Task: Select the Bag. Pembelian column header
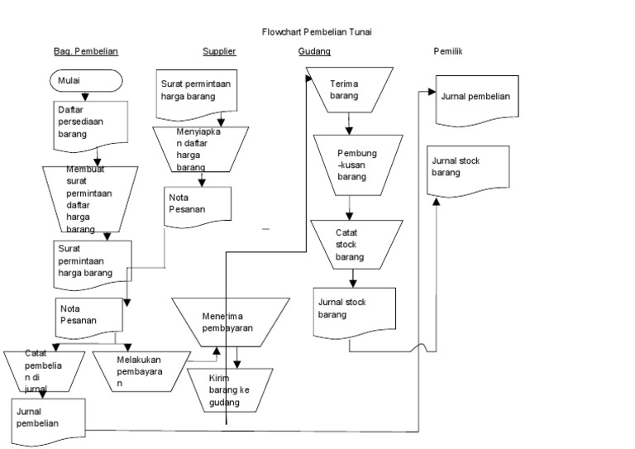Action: tap(86, 51)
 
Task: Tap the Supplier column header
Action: tap(219, 51)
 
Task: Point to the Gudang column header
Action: tap(314, 51)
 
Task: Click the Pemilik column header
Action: tap(447, 51)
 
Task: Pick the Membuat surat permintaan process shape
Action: tap(88, 199)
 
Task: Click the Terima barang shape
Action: tap(347, 90)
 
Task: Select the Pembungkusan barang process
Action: tap(356, 165)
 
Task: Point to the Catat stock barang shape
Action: tap(356, 245)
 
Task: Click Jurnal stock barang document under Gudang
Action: tap(354, 311)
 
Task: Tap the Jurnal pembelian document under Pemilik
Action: tap(476, 99)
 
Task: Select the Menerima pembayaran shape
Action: tap(231, 322)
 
